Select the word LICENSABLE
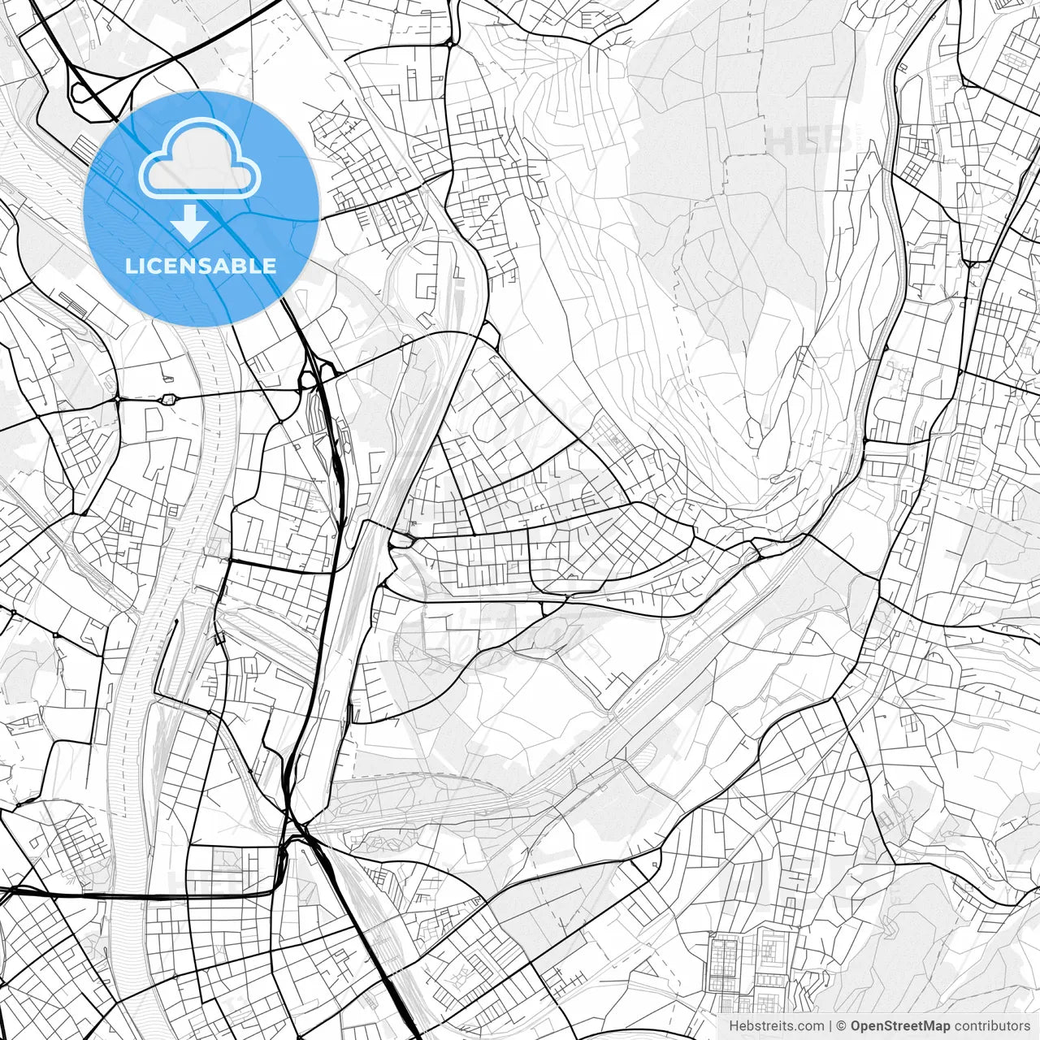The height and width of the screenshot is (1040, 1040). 201,266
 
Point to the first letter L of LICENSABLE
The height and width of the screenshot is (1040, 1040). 130,266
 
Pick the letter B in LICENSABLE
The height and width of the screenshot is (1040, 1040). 240,266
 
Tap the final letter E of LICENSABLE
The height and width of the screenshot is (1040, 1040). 270,266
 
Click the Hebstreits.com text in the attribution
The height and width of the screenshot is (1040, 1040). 776,1026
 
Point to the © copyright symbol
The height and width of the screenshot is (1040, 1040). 842,1026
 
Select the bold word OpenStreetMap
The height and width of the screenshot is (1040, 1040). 900,1026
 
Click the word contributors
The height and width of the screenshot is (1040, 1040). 992,1026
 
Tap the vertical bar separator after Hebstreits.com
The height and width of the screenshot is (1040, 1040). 830,1026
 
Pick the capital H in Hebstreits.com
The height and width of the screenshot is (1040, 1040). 734,1026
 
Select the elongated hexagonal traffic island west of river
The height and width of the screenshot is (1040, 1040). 169,399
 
